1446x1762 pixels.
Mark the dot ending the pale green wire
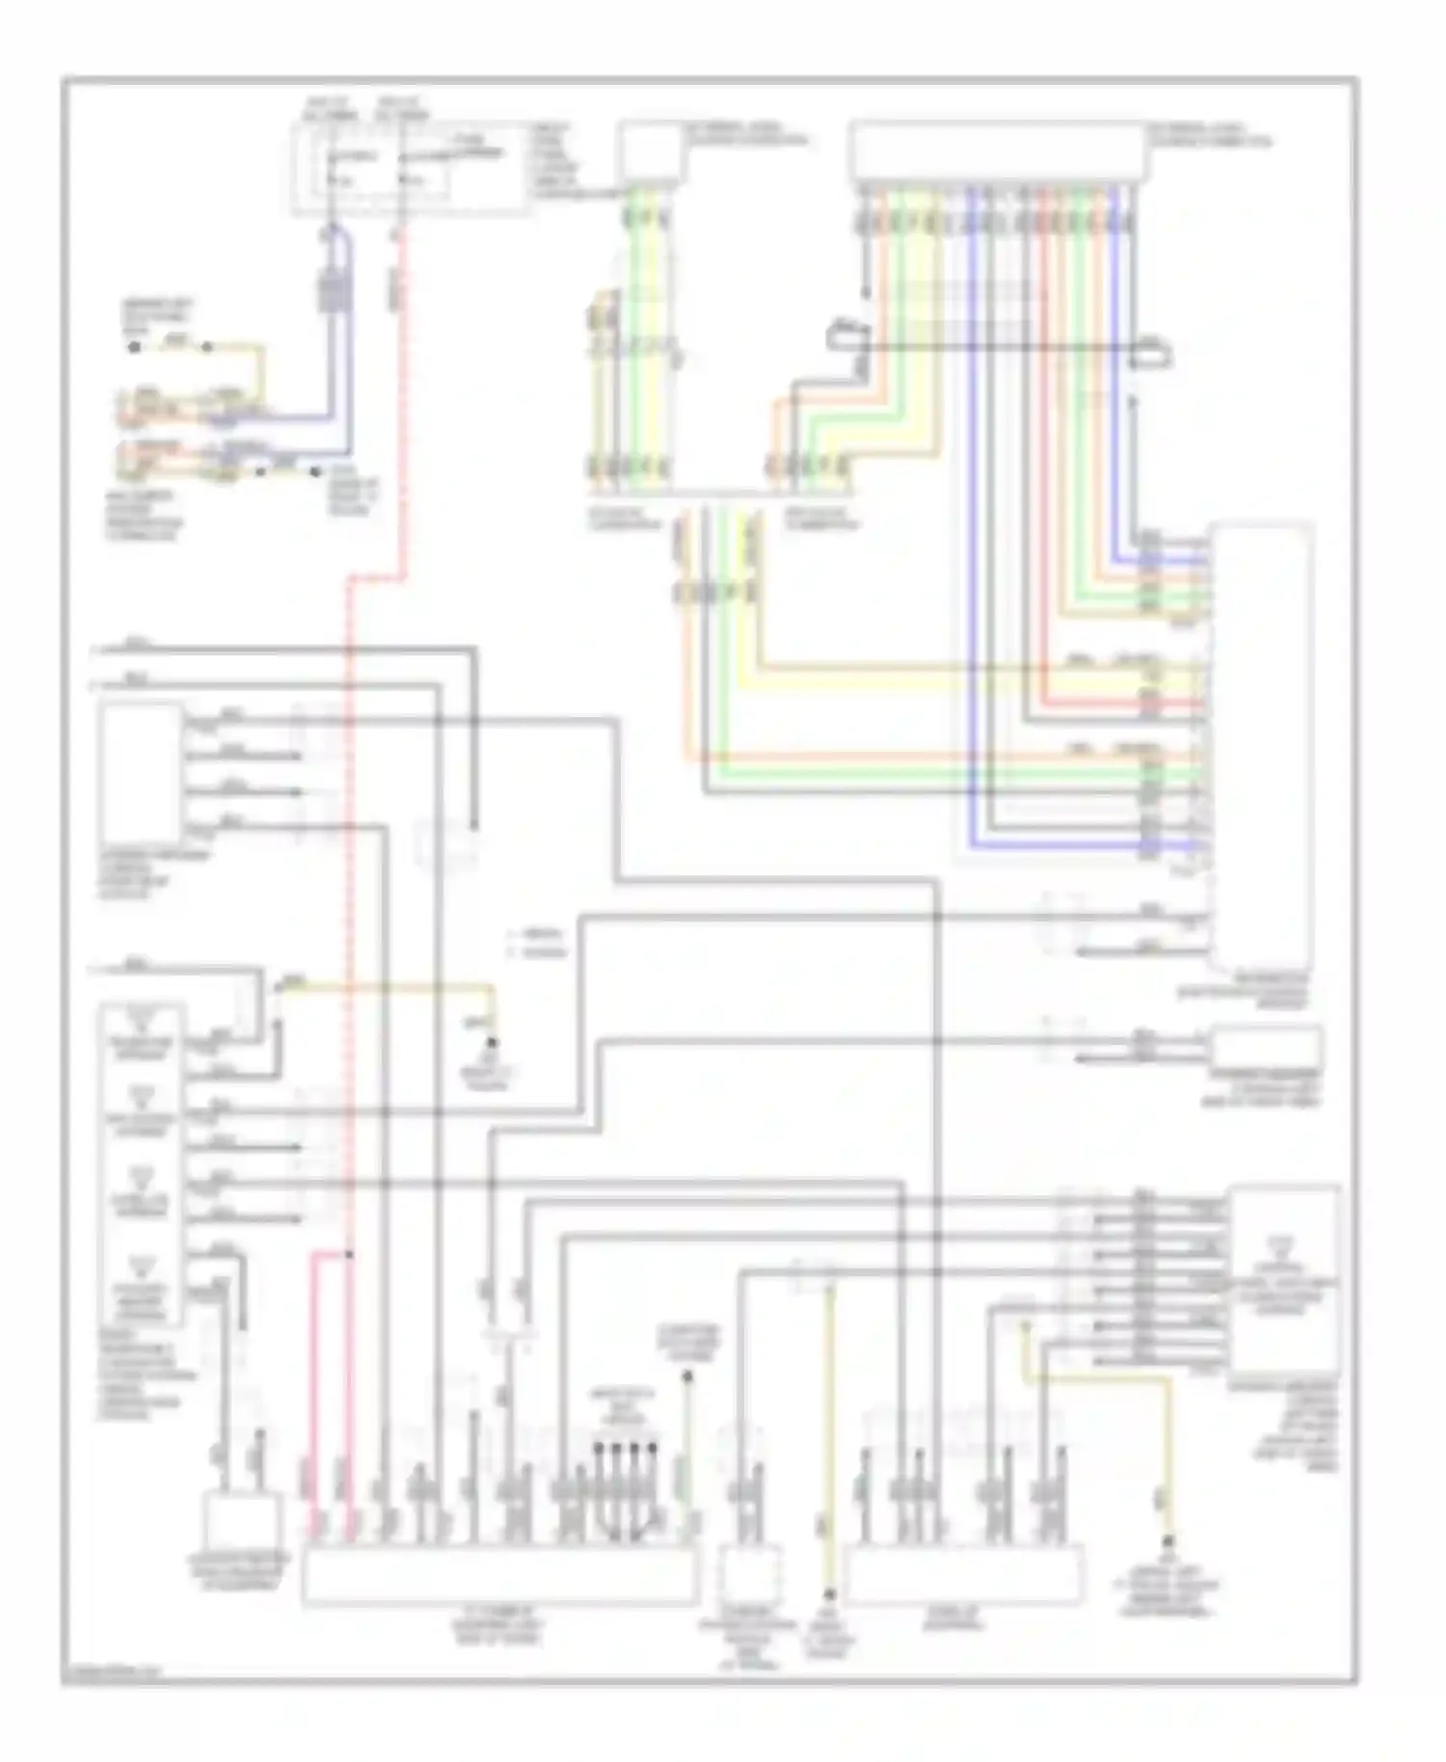point(687,1377)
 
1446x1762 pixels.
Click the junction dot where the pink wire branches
point(349,1255)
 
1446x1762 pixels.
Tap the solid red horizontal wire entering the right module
point(1118,703)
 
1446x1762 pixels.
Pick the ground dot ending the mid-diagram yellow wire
point(493,1043)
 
